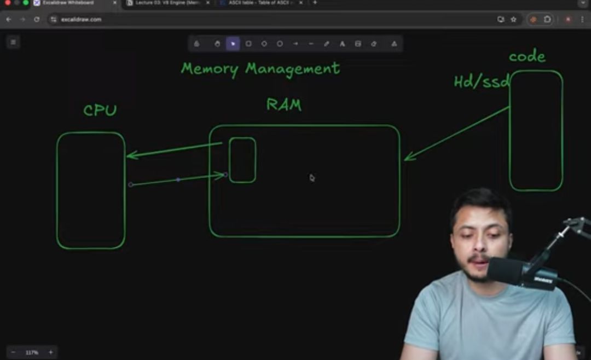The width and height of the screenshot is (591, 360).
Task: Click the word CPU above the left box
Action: pos(100,111)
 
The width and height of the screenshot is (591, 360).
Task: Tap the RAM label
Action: pos(283,104)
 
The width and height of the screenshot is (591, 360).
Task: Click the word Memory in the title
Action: pos(210,69)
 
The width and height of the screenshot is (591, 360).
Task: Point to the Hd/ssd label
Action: pos(482,82)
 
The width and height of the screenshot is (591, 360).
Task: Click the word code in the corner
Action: pos(527,56)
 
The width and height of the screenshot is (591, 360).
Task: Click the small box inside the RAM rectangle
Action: pos(242,160)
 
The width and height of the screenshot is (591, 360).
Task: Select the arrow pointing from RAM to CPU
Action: pos(174,150)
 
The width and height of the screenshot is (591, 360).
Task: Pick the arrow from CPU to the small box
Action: pos(178,179)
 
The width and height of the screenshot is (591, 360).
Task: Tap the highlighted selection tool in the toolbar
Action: pos(233,44)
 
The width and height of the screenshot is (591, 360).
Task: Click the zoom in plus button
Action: pos(51,352)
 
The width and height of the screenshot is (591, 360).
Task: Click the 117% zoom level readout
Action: pos(32,352)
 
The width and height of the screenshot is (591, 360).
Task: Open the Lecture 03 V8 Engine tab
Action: pos(167,3)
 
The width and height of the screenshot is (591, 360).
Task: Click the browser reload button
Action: pos(37,19)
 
